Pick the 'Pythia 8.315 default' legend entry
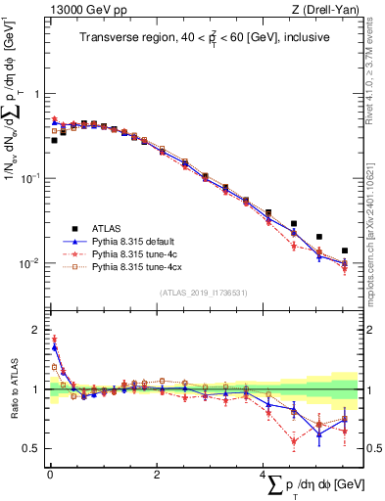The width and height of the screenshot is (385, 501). click(x=134, y=244)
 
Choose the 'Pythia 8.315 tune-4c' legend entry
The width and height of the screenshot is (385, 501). click(x=134, y=254)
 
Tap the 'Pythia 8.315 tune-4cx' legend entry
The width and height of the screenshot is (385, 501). click(x=136, y=265)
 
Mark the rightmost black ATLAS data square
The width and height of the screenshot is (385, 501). click(x=345, y=250)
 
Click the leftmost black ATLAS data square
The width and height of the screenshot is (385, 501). click(x=53, y=140)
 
